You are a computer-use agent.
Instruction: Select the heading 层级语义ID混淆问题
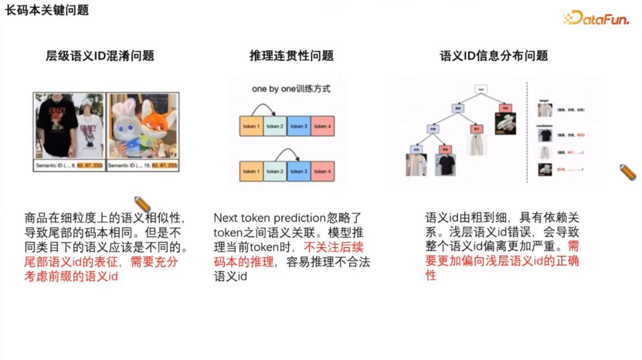100,56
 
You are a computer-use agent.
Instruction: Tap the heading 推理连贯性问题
291,56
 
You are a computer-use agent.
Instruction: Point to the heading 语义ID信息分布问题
493,56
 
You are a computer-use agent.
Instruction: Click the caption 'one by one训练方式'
291,89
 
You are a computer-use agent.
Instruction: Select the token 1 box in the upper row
251,126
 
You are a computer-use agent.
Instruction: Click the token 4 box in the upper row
321,126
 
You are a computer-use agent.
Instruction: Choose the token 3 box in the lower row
298,171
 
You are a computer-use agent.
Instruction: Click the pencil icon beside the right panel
627,172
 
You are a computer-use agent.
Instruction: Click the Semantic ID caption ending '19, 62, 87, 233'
142,165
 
